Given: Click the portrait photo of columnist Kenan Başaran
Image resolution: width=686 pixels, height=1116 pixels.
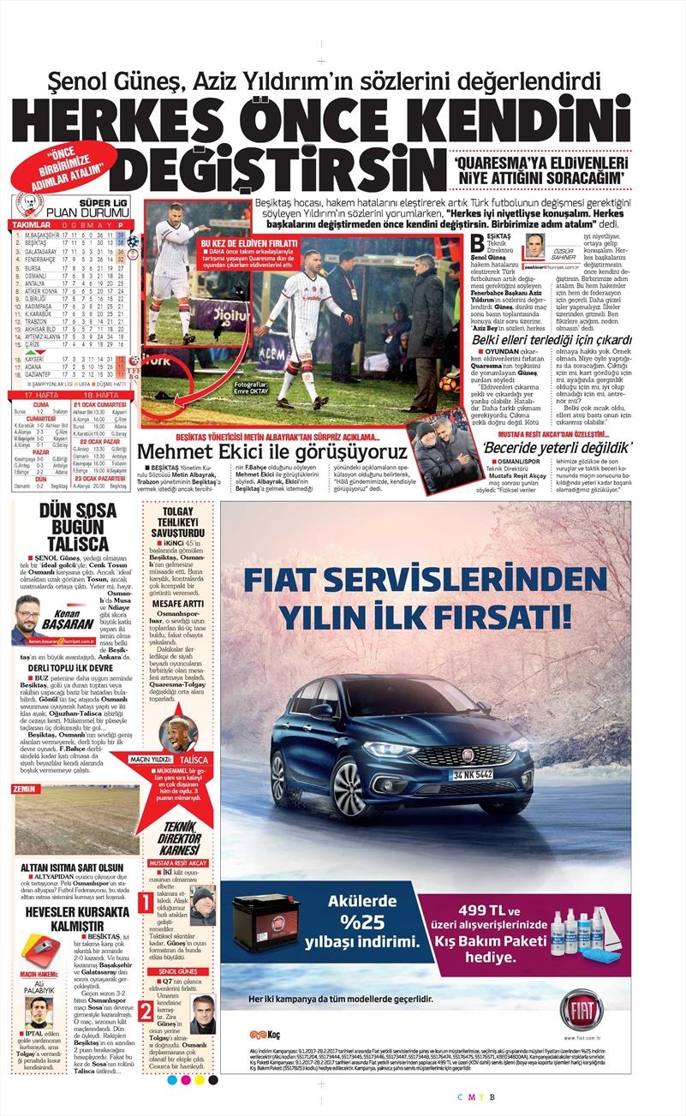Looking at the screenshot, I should [x=33, y=618].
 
